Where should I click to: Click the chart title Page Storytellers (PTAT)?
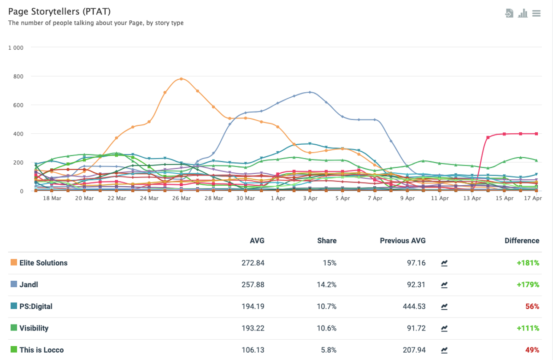coord(59,12)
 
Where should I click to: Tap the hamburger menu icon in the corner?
coord(536,13)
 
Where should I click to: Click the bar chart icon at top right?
coord(523,13)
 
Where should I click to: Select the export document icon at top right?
coord(509,13)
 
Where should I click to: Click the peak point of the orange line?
coord(181,79)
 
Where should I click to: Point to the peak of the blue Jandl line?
coord(310,92)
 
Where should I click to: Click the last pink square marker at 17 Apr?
coord(536,134)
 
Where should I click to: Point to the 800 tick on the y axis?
coord(18,77)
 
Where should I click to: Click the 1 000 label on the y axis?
coord(16,47)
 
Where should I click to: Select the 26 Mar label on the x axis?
coord(182,198)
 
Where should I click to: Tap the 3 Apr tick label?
coord(310,198)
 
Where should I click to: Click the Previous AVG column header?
coord(403,241)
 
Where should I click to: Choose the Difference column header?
coord(522,241)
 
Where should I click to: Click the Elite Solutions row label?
coord(43,263)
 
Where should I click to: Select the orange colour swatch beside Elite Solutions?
coord(14,262)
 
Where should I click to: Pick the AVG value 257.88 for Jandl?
coord(253,285)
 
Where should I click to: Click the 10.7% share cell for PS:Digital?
coord(327,307)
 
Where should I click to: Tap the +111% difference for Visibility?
coord(528,328)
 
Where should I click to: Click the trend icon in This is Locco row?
coord(444,350)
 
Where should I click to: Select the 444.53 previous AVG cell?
coord(414,307)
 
